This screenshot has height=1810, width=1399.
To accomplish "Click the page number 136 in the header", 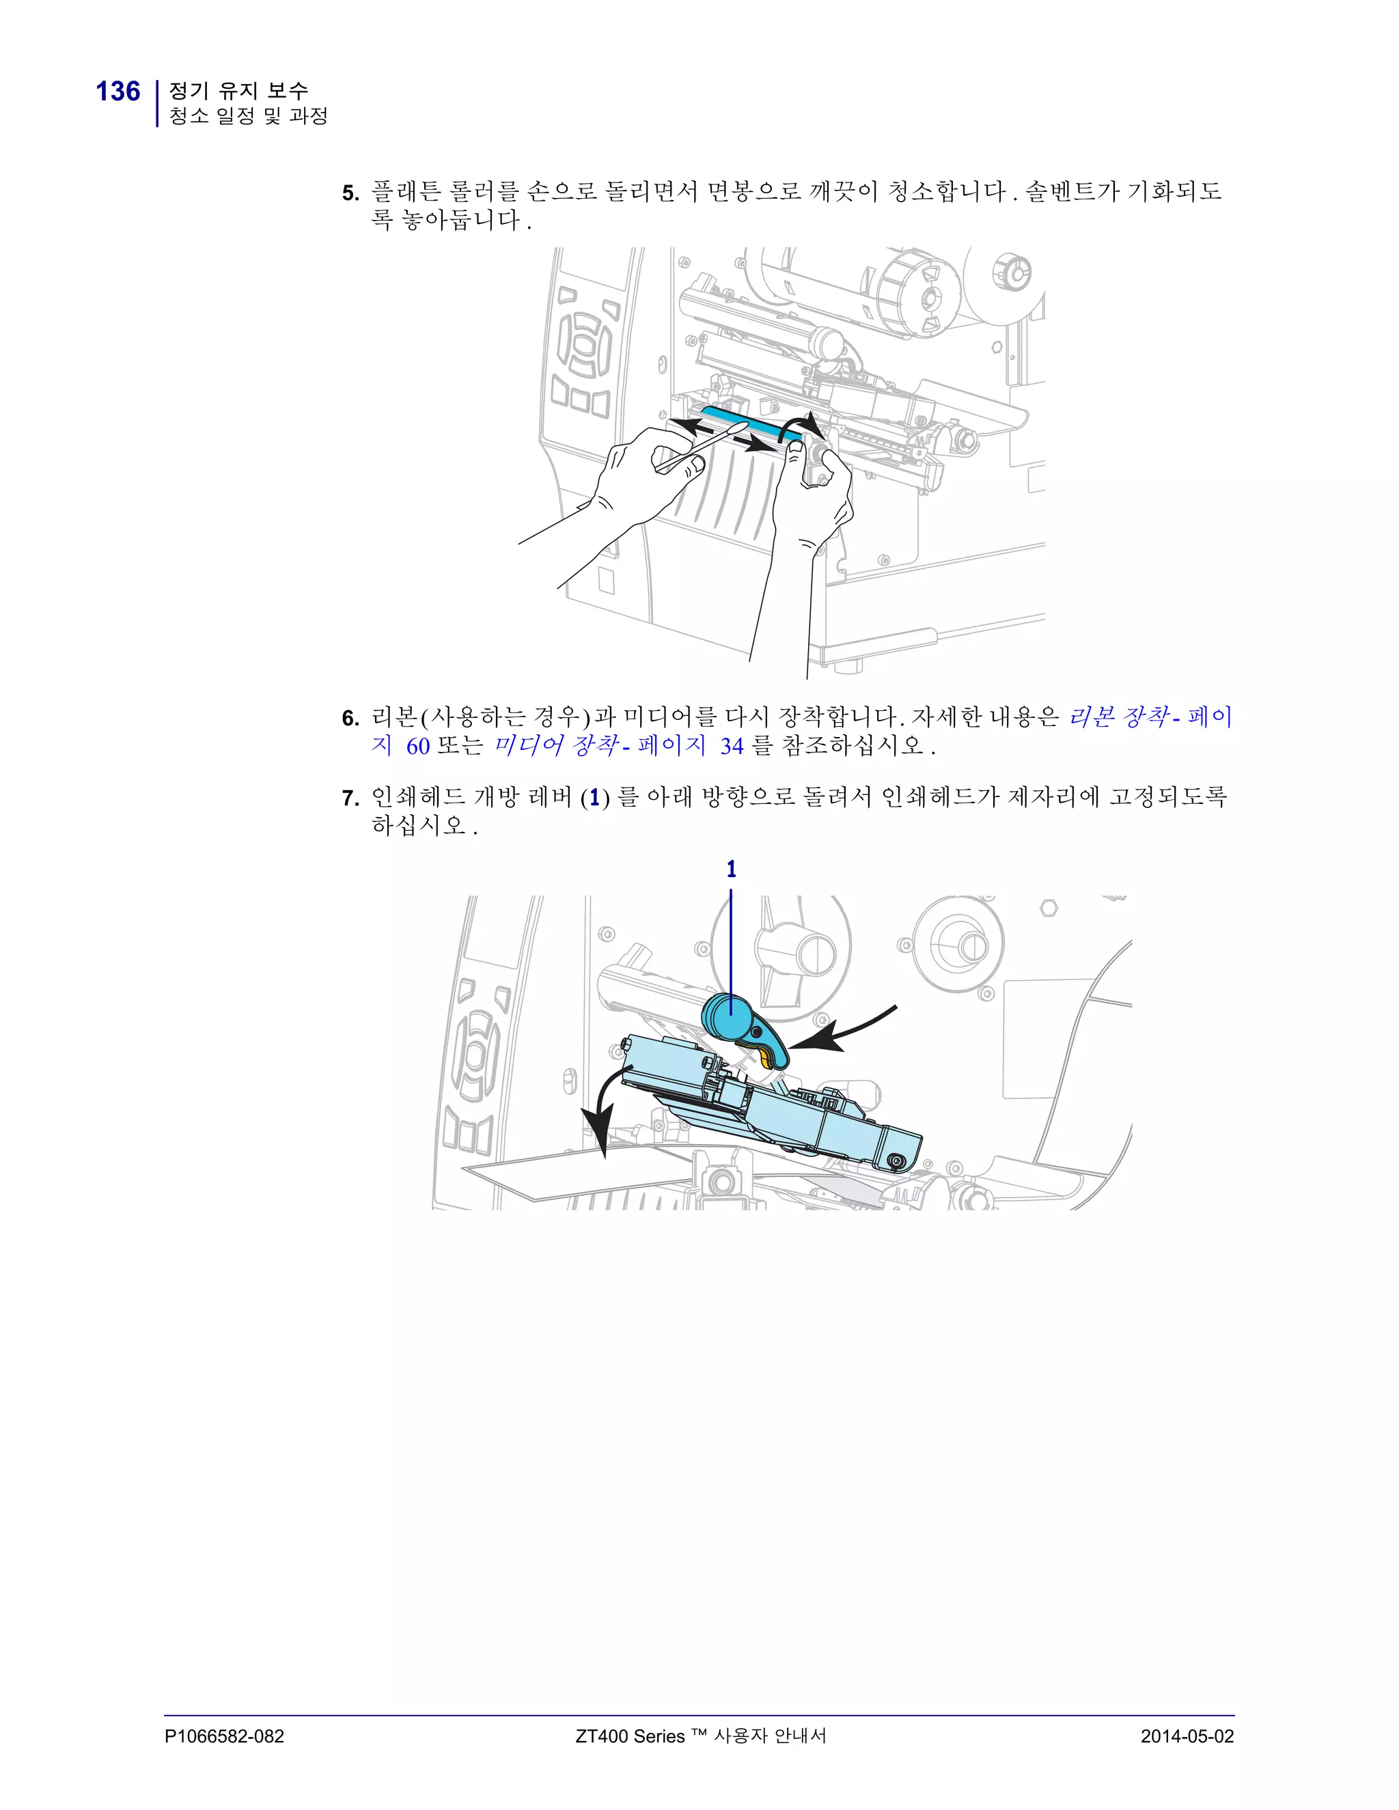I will tap(117, 91).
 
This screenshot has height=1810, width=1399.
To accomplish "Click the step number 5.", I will tap(350, 194).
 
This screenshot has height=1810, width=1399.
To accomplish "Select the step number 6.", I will tap(350, 719).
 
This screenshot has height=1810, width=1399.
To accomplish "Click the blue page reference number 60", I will tap(417, 747).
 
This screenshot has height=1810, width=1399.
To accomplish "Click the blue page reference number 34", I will tap(731, 747).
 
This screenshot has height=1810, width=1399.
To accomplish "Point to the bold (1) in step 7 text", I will tap(594, 798).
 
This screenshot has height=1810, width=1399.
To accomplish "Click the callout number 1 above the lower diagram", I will tap(731, 869).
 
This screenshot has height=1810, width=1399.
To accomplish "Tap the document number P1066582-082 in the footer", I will tap(224, 1736).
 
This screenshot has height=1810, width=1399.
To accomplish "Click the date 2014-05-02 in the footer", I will tap(1187, 1736).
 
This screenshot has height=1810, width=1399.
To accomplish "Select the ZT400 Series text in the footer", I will tap(630, 1736).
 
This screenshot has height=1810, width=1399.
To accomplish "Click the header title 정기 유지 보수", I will tap(238, 89).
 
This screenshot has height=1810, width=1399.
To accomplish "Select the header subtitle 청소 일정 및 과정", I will tap(249, 116).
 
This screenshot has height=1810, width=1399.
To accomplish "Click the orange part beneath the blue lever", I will tap(764, 1057).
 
